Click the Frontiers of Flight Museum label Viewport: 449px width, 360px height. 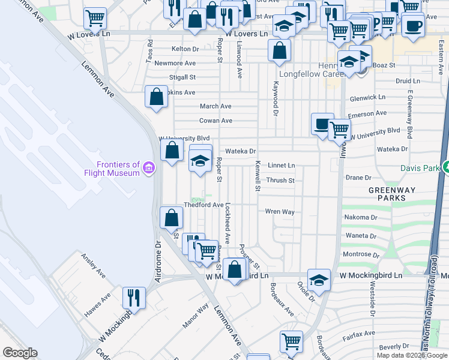[118, 169]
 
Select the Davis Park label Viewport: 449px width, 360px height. [421, 168]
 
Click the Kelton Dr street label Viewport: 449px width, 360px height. [184, 49]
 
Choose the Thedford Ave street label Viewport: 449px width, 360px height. [203, 205]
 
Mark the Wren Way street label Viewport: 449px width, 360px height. [280, 212]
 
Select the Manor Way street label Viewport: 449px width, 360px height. [196, 316]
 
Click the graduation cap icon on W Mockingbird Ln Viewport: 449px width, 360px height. [319, 279]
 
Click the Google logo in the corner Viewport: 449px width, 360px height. [20, 353]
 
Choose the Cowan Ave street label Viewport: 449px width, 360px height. [215, 121]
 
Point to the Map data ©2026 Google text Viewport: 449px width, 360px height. [411, 355]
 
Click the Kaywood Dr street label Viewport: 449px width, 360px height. [276, 99]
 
